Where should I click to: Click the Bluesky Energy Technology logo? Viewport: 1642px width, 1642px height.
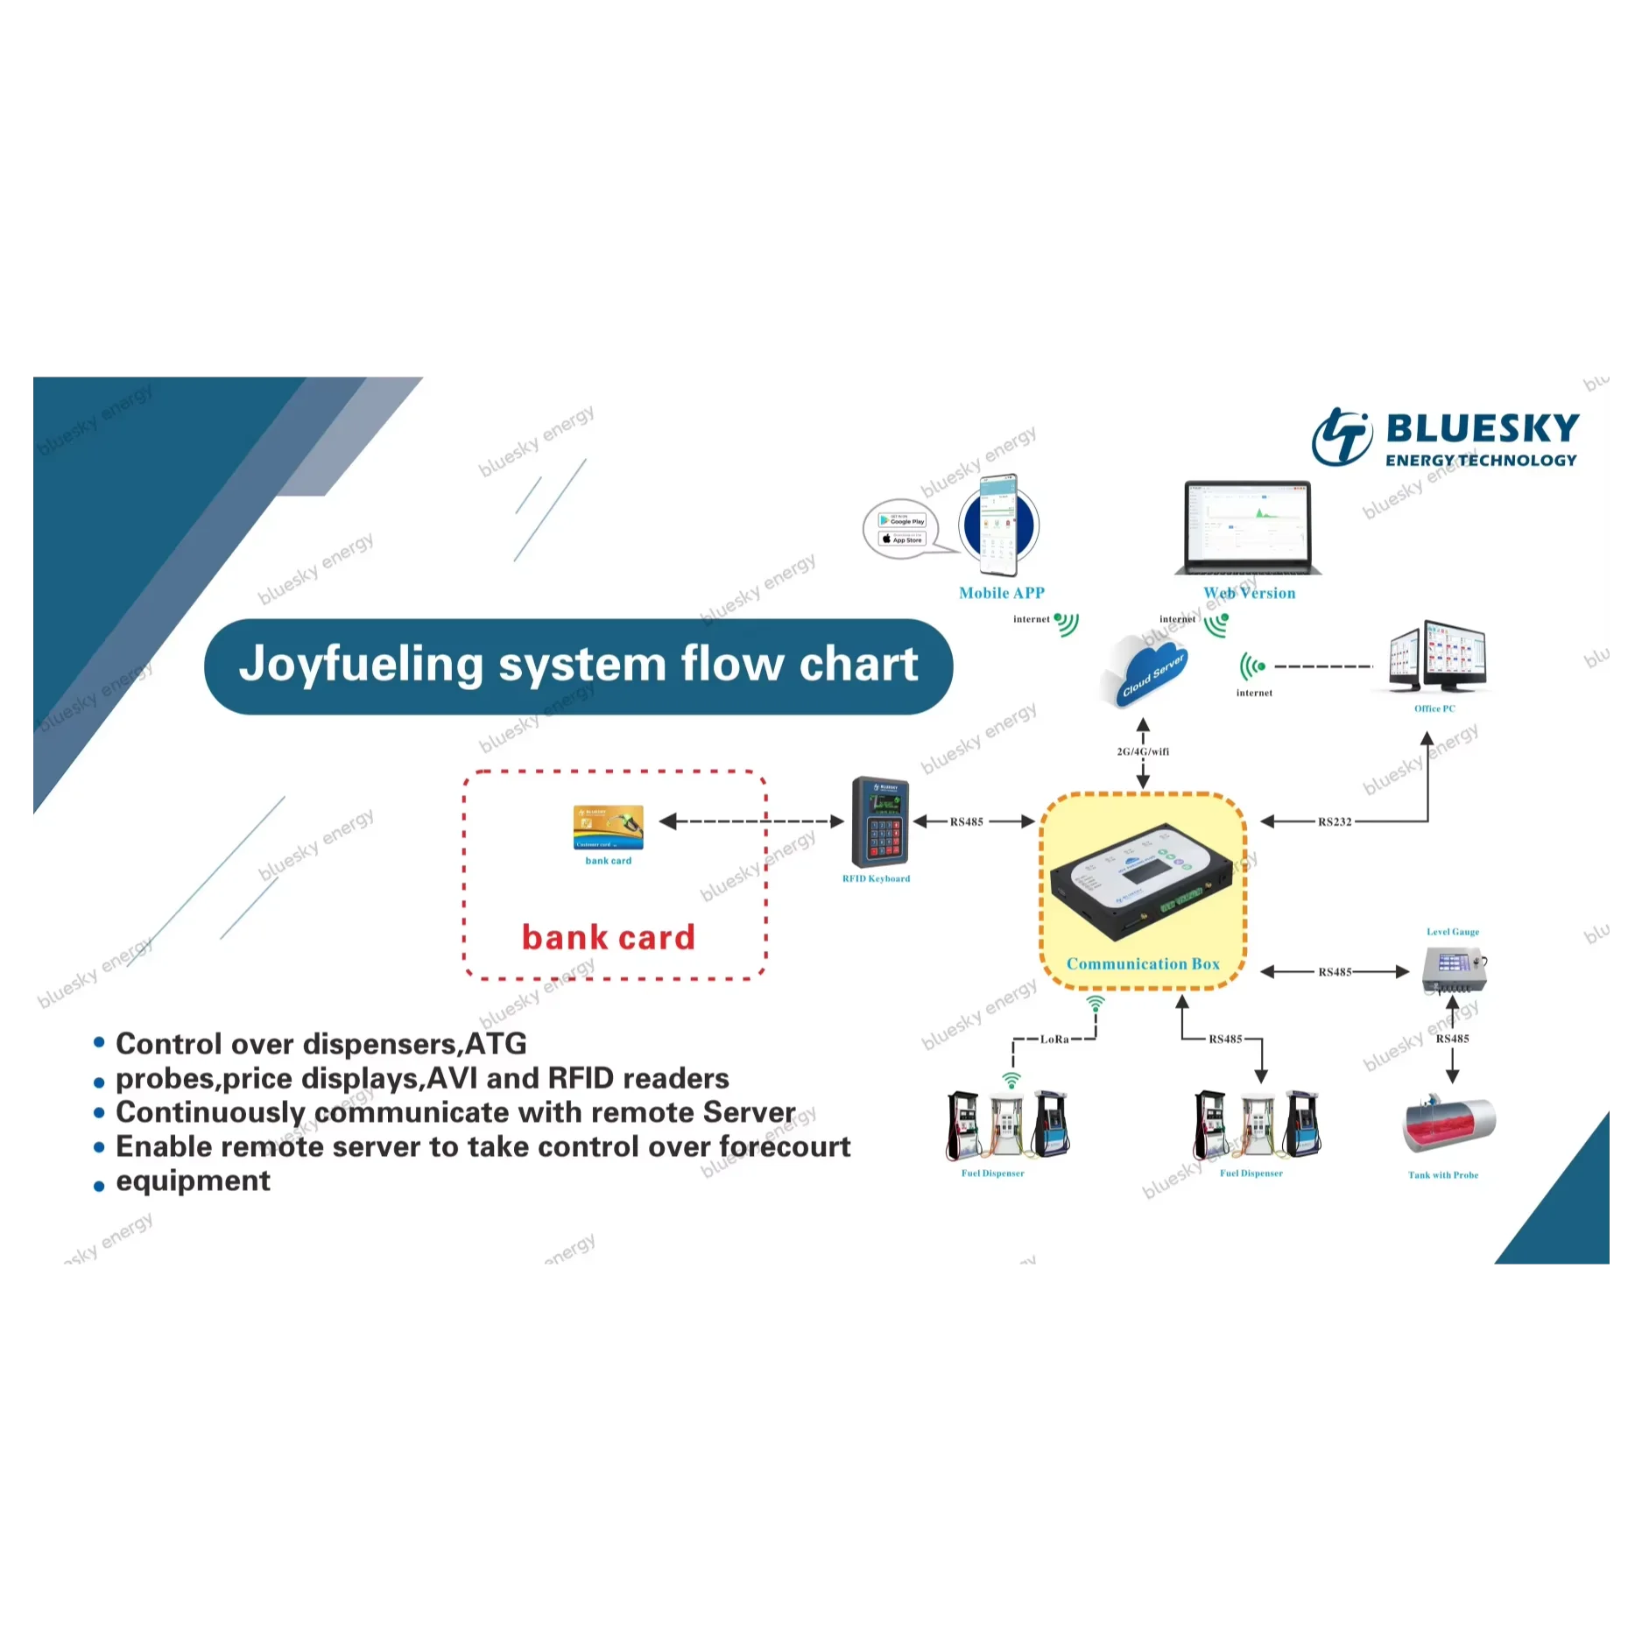tap(1445, 437)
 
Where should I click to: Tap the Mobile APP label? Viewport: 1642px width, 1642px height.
tap(1001, 593)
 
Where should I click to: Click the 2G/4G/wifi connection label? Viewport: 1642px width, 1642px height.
tap(1142, 751)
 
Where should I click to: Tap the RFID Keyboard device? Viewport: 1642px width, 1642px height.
tap(879, 821)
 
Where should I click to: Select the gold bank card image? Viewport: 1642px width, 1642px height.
tap(608, 827)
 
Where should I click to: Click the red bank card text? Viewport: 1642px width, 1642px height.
tap(608, 937)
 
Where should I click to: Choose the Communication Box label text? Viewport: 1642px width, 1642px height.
tap(1142, 963)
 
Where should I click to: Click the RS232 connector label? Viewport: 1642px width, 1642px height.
tap(1334, 821)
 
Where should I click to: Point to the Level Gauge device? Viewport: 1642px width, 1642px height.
tap(1454, 969)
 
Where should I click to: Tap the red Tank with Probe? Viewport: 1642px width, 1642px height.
tap(1448, 1125)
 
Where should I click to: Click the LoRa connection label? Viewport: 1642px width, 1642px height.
tap(1054, 1039)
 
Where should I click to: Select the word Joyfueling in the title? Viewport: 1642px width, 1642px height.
tap(361, 664)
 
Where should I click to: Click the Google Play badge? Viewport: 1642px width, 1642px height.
tap(902, 520)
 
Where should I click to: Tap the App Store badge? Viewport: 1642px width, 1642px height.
tap(902, 539)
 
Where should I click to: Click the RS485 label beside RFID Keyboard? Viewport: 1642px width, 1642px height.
tap(966, 821)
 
